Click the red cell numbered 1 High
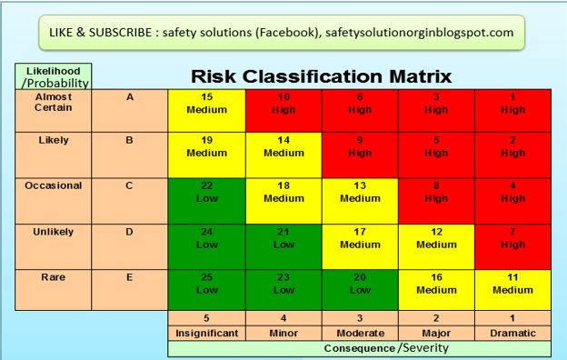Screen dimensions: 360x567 tap(512, 104)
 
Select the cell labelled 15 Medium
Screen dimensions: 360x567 tap(206, 104)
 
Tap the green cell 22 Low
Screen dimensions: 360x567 tap(206, 192)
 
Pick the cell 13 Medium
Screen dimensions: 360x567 tap(360, 192)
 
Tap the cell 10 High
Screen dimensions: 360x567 tap(283, 104)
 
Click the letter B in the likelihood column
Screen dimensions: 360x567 tap(129, 142)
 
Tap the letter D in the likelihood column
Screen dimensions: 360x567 tap(129, 232)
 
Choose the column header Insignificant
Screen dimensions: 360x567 tap(206, 333)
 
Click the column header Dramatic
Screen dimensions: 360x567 tap(512, 333)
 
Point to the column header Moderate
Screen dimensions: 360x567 tap(360, 333)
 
